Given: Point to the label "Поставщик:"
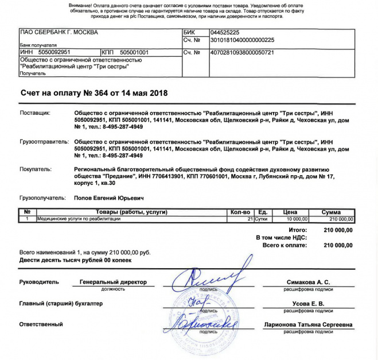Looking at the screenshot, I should click(x=36, y=114).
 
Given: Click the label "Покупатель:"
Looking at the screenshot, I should click(x=36, y=169).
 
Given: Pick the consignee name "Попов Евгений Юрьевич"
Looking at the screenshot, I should click(x=110, y=198).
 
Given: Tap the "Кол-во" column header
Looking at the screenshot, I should click(x=240, y=212).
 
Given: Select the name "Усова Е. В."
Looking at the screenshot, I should click(x=308, y=303).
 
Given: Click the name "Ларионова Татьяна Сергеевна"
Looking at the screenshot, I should click(x=308, y=325).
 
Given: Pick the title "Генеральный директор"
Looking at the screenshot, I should click(x=113, y=282).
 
